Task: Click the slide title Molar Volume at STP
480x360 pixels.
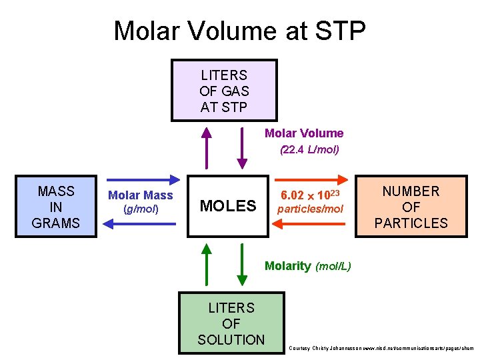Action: (x=239, y=31)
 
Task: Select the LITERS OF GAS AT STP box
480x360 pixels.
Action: (x=224, y=91)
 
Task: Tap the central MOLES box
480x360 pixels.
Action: (x=227, y=206)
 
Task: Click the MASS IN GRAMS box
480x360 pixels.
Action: (x=56, y=207)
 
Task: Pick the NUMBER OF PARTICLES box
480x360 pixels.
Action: (x=411, y=207)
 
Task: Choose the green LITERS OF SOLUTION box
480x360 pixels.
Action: (x=231, y=323)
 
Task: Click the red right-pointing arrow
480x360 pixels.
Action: (x=311, y=179)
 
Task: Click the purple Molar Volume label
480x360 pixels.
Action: (x=304, y=133)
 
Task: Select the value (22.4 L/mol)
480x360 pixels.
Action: (x=309, y=150)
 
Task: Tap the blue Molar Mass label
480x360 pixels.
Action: (x=140, y=195)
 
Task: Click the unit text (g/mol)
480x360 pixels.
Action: (x=141, y=209)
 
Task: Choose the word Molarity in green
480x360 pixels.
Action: (x=287, y=266)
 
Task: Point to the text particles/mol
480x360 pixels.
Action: (x=310, y=209)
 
